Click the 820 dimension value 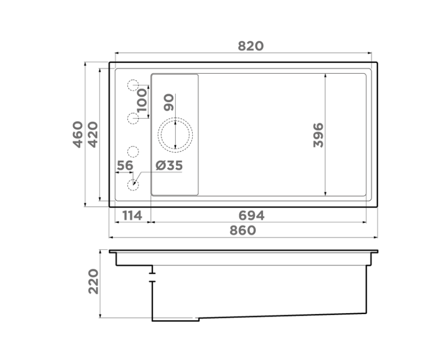pyautogui.click(x=250, y=46)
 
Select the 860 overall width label pyautogui.click(x=243, y=230)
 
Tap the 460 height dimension pyautogui.click(x=78, y=134)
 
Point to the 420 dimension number pyautogui.click(x=93, y=134)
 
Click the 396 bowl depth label pyautogui.click(x=318, y=135)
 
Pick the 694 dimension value pyautogui.click(x=251, y=216)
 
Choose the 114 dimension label pyautogui.click(x=132, y=216)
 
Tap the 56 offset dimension pyautogui.click(x=125, y=165)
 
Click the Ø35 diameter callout pyautogui.click(x=169, y=165)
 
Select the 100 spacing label pyautogui.click(x=142, y=100)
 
